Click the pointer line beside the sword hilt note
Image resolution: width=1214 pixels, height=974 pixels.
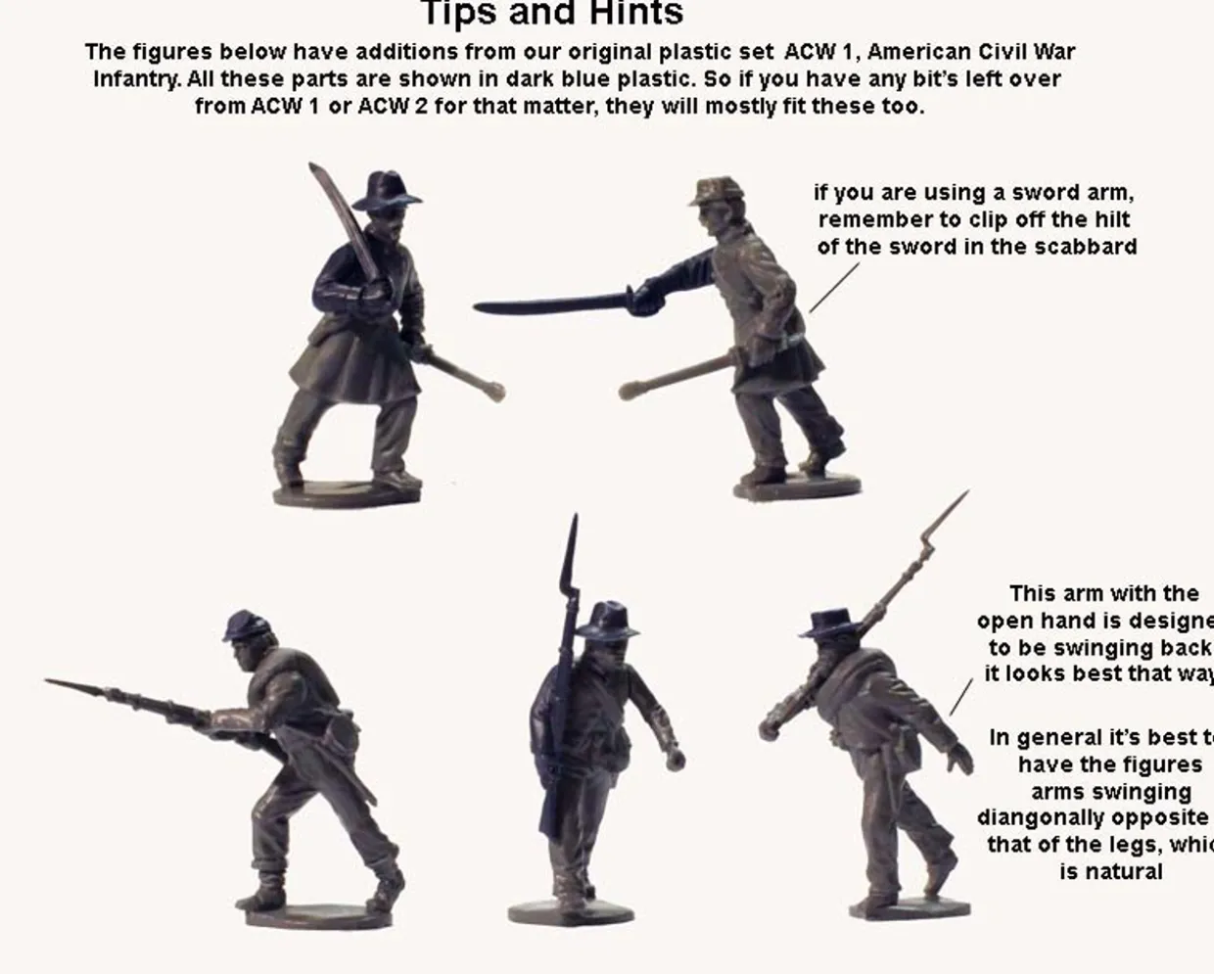pos(833,287)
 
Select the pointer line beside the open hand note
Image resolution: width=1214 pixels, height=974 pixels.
pos(961,697)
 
